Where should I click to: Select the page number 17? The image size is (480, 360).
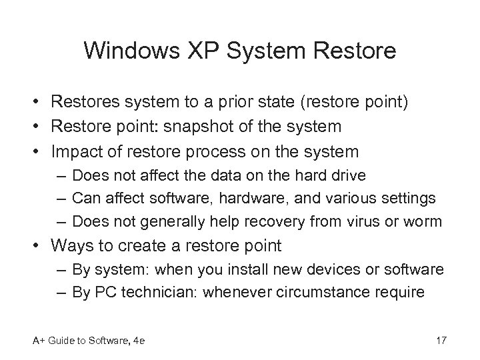pyautogui.click(x=440, y=342)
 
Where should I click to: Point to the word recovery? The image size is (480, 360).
pyautogui.click(x=269, y=220)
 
